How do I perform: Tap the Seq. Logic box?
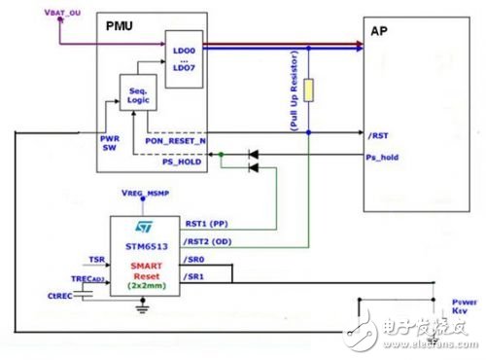136,93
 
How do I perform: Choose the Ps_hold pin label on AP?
383,158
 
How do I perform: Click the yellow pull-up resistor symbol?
308,90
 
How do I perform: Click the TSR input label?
95,261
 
